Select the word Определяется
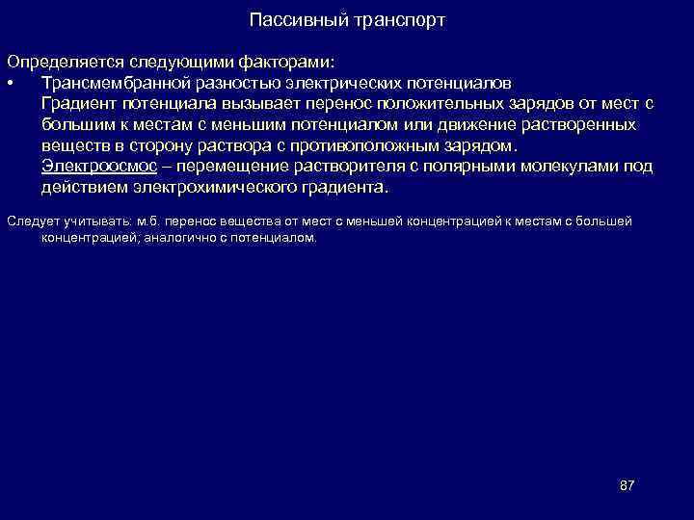(x=57, y=61)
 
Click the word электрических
(x=315, y=83)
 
